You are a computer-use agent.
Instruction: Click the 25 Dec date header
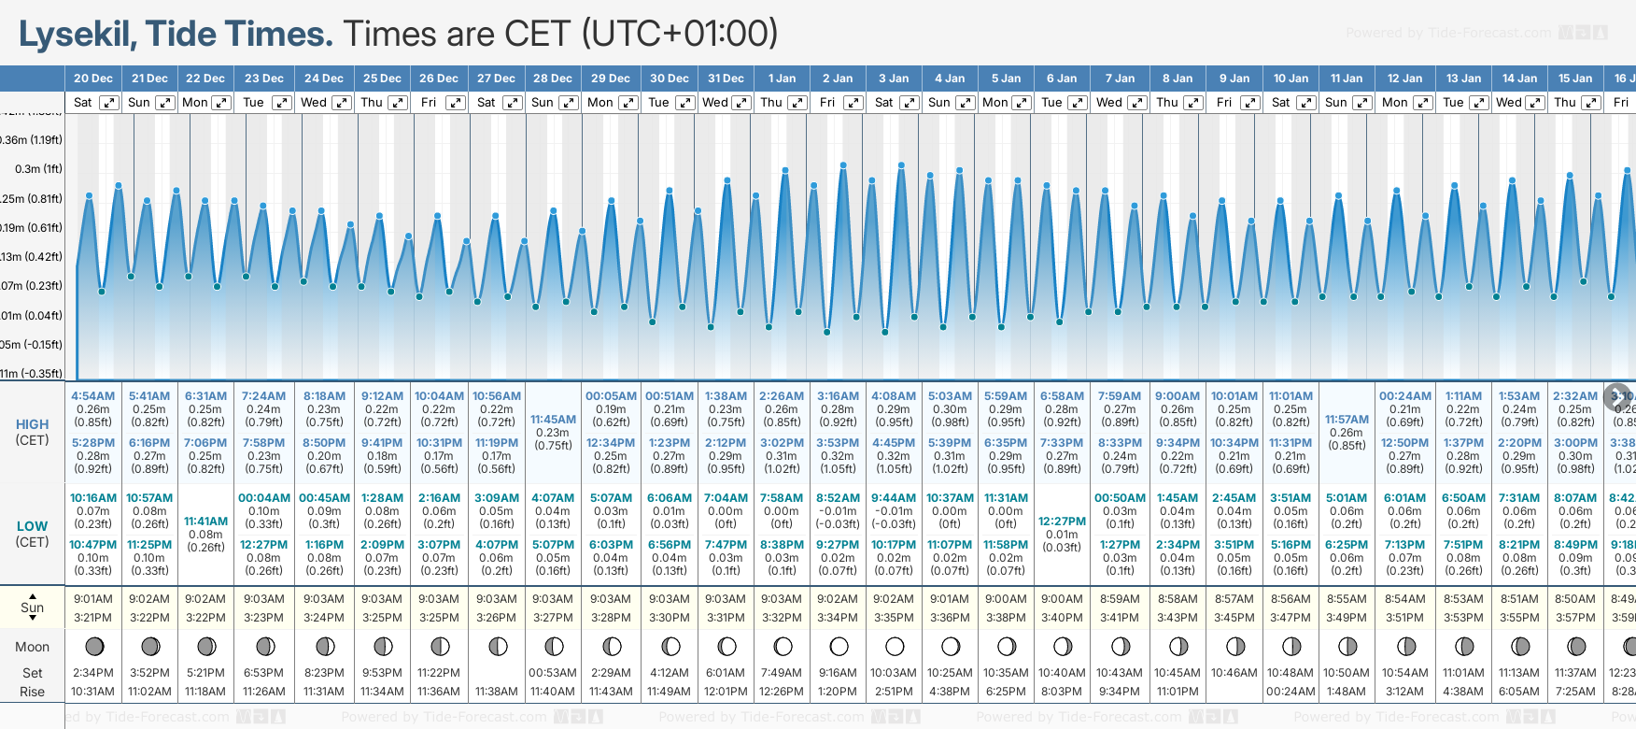tap(382, 79)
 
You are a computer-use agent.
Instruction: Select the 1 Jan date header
tap(782, 79)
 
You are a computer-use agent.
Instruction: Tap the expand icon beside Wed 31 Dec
tap(740, 103)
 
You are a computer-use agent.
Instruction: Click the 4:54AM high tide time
tap(92, 396)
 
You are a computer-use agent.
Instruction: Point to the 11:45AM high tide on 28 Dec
tap(553, 420)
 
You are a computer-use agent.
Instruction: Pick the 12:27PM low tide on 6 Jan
tap(1063, 522)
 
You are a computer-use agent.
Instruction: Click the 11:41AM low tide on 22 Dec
tap(205, 522)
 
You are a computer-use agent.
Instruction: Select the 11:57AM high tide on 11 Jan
tap(1347, 420)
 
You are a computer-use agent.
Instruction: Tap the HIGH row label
tap(33, 424)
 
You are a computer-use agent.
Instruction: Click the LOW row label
tap(33, 526)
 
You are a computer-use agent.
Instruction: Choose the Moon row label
tap(33, 647)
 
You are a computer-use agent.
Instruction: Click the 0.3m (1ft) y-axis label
tap(38, 169)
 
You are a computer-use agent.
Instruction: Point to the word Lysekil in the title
tap(78, 35)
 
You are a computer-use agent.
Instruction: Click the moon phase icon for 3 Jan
tap(895, 646)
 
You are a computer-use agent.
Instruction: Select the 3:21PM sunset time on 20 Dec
tap(92, 618)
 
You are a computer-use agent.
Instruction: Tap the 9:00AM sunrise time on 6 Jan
tap(1063, 599)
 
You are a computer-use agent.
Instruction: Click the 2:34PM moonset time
tap(92, 673)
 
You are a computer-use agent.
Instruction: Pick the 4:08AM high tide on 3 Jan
tap(894, 396)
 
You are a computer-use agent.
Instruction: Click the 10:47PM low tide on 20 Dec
tap(92, 545)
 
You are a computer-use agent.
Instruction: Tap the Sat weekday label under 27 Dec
tap(487, 103)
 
